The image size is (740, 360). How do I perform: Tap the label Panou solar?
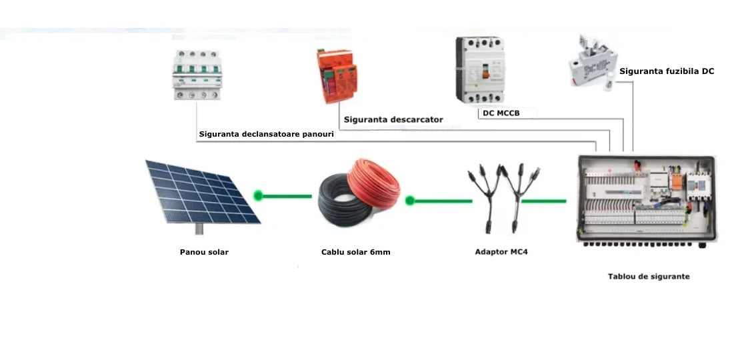[204, 252]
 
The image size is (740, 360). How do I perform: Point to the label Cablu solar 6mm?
[355, 252]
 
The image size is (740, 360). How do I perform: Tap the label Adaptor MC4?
[501, 252]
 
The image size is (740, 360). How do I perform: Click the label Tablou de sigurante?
[649, 276]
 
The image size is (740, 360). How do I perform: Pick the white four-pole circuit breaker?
[197, 75]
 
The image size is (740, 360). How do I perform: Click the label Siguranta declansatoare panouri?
[266, 135]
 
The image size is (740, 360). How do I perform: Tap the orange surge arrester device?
[340, 77]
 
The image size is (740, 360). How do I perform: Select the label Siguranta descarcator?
[393, 120]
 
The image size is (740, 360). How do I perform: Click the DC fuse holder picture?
[592, 61]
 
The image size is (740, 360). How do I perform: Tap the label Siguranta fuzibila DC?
[667, 71]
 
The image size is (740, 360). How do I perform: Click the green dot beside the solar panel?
[258, 196]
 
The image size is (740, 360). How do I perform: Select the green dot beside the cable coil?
[410, 200]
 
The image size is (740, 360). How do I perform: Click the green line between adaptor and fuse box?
[544, 200]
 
